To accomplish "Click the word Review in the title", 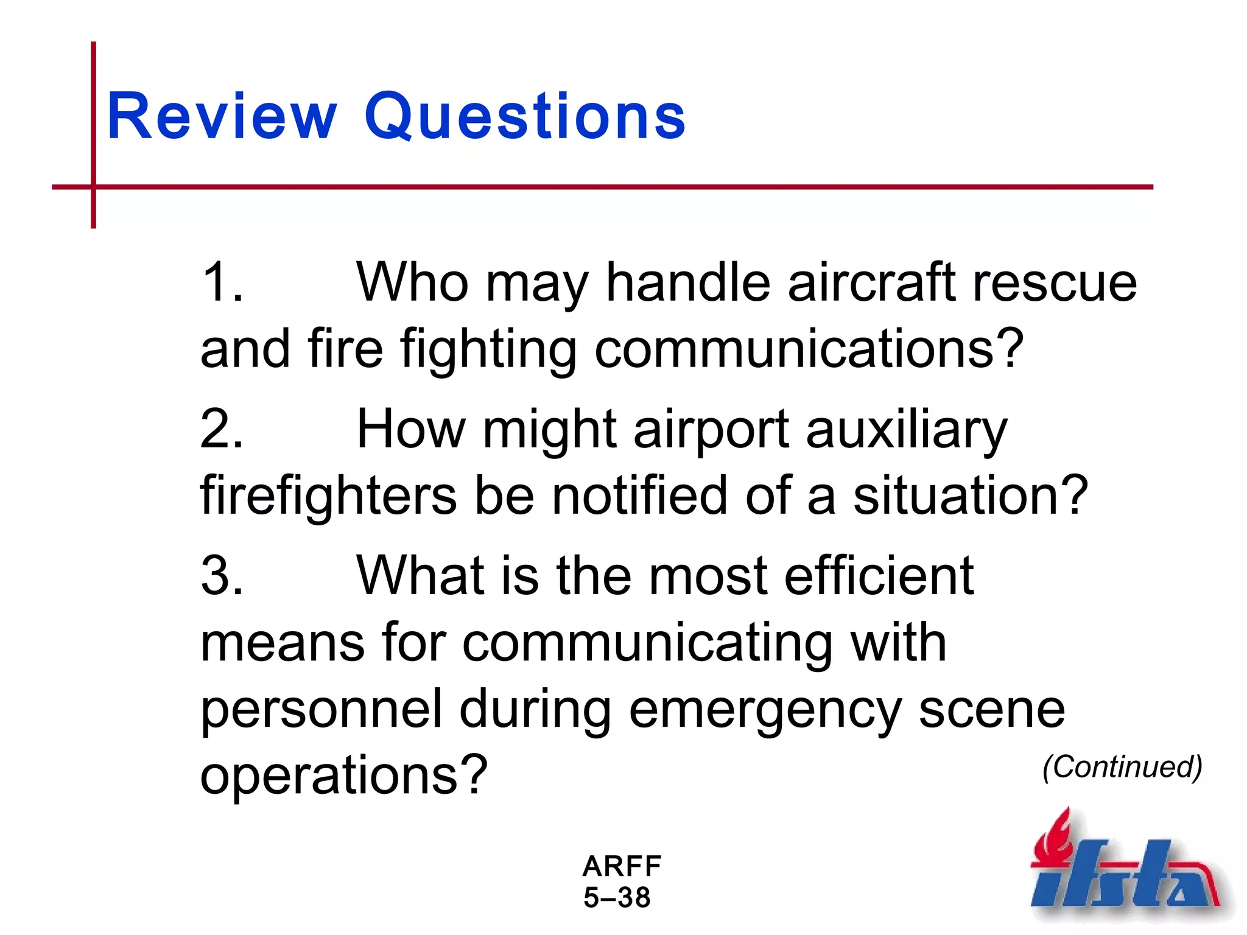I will pos(222,116).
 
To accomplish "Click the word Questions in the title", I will pos(525,116).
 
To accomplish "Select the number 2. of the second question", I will pos(223,429).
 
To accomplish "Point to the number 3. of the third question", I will pos(223,575).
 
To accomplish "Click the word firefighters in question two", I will pos(329,496).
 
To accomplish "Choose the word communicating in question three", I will pos(648,644).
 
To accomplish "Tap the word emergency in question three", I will pos(765,711).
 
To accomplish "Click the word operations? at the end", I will pos(344,776).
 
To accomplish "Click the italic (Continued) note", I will pos(1122,767).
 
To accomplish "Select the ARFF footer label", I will pos(622,866).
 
